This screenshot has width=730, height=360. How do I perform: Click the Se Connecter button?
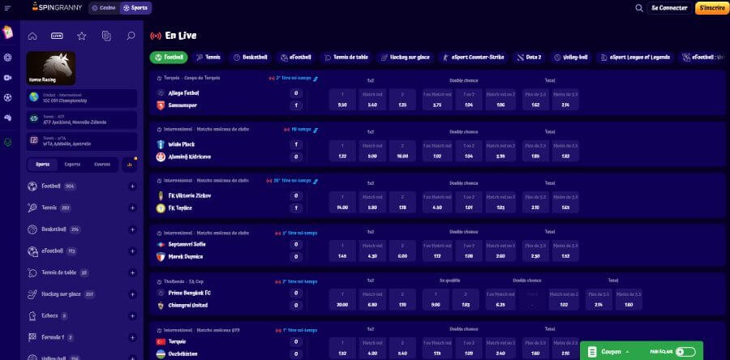pyautogui.click(x=669, y=8)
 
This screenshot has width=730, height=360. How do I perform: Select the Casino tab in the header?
pyautogui.click(x=103, y=8)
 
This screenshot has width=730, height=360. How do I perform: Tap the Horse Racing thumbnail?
pyautogui.click(x=51, y=68)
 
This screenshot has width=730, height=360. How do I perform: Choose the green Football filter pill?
pyautogui.click(x=169, y=58)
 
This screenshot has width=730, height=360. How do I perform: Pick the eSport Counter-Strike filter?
pyautogui.click(x=474, y=58)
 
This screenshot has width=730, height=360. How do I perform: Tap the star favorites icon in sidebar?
pyautogui.click(x=81, y=36)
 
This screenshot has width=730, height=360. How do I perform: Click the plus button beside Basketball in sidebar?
pyautogui.click(x=131, y=229)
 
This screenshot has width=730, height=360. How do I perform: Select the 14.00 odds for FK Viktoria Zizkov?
pyautogui.click(x=342, y=208)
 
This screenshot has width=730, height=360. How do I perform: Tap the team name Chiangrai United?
pyautogui.click(x=189, y=305)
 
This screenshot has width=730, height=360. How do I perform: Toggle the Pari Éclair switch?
pyautogui.click(x=685, y=352)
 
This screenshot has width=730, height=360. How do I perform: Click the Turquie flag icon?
pyautogui.click(x=161, y=341)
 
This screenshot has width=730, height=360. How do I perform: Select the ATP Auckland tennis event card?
pyautogui.click(x=81, y=120)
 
